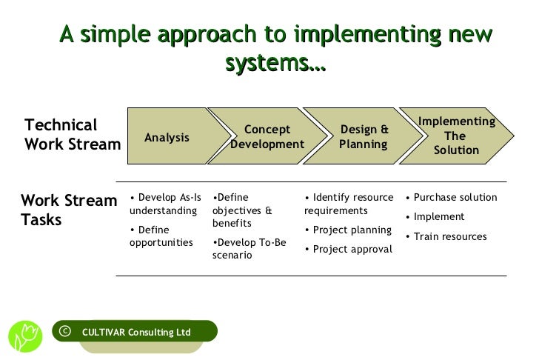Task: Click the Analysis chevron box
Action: tap(167, 137)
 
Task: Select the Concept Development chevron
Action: tap(267, 137)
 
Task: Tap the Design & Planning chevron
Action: tap(364, 137)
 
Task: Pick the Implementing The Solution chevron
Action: tap(456, 136)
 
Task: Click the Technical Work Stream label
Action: tap(72, 135)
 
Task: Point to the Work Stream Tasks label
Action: tap(69, 210)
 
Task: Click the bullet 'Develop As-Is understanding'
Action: tap(164, 204)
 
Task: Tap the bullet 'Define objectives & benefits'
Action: tap(243, 210)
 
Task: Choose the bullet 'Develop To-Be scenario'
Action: tap(250, 248)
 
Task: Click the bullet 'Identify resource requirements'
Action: tap(349, 204)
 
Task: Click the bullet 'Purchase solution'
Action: tap(452, 198)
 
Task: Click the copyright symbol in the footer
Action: tap(64, 331)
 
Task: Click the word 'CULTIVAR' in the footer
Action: tap(104, 332)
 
